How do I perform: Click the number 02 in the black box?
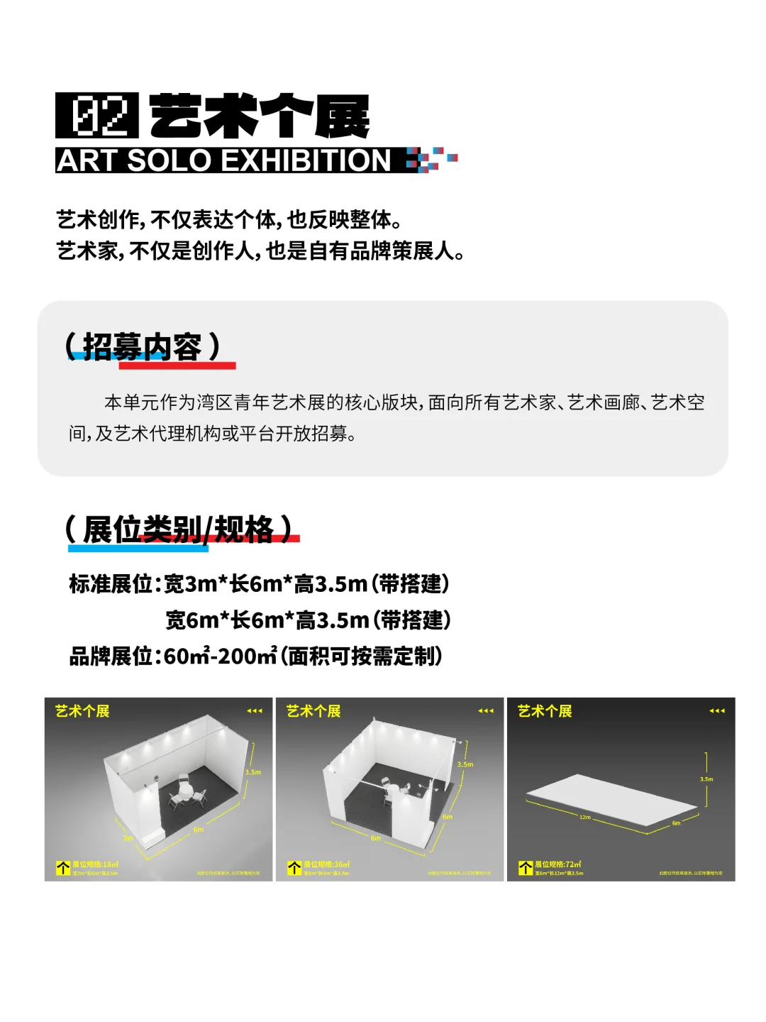tap(97, 116)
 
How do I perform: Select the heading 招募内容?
tap(142, 347)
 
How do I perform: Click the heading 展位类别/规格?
tap(178, 529)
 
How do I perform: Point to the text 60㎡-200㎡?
tap(220, 656)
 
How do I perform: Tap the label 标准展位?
tap(111, 584)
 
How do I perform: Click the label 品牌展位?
tap(111, 656)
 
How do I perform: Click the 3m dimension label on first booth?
tap(128, 838)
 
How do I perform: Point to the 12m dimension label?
tap(585, 818)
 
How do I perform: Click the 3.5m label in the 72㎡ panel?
tap(706, 779)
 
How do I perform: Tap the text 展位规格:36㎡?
tap(326, 864)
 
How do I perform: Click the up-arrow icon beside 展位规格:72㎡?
tap(526, 868)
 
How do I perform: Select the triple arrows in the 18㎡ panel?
tap(255, 710)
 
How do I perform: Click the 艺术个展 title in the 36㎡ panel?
tap(313, 711)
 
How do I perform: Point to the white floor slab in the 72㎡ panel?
tap(610, 798)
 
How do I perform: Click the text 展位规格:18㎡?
tap(95, 864)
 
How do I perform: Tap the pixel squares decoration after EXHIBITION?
tap(431, 159)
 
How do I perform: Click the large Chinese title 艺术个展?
tap(260, 116)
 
